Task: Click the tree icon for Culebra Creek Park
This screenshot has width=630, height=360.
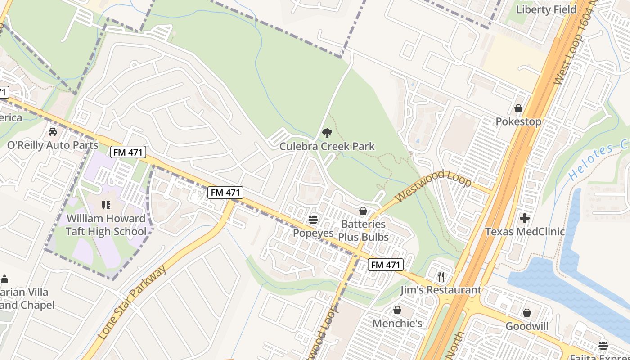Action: pyautogui.click(x=327, y=133)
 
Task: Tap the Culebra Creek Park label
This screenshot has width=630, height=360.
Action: pyautogui.click(x=327, y=146)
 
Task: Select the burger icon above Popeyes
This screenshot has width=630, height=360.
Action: pyautogui.click(x=313, y=220)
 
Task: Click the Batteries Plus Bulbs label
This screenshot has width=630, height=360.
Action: pyautogui.click(x=363, y=230)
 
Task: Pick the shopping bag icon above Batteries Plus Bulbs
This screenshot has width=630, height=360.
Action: pyautogui.click(x=363, y=211)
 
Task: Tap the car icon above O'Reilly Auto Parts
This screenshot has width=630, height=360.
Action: pyautogui.click(x=53, y=132)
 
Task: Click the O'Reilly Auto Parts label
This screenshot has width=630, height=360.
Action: pyautogui.click(x=53, y=145)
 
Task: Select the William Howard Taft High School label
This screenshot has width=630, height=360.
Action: pyautogui.click(x=106, y=225)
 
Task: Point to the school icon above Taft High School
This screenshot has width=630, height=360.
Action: pyautogui.click(x=106, y=206)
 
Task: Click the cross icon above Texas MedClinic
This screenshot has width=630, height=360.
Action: pyautogui.click(x=525, y=219)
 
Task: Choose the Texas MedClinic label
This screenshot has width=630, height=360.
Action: pyautogui.click(x=525, y=232)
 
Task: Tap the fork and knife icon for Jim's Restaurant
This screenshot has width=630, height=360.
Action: pyautogui.click(x=441, y=276)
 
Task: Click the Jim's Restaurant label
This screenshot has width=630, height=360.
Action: pyautogui.click(x=441, y=290)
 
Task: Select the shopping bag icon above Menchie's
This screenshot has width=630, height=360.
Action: pyautogui.click(x=397, y=310)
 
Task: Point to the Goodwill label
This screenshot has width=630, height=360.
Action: pyautogui.click(x=526, y=326)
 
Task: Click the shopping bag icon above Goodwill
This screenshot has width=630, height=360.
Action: pyautogui.click(x=526, y=313)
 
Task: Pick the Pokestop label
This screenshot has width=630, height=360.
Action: pyautogui.click(x=518, y=121)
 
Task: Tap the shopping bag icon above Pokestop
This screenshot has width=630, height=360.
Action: pyautogui.click(x=518, y=108)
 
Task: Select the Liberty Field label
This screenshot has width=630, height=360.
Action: pyautogui.click(x=546, y=9)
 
